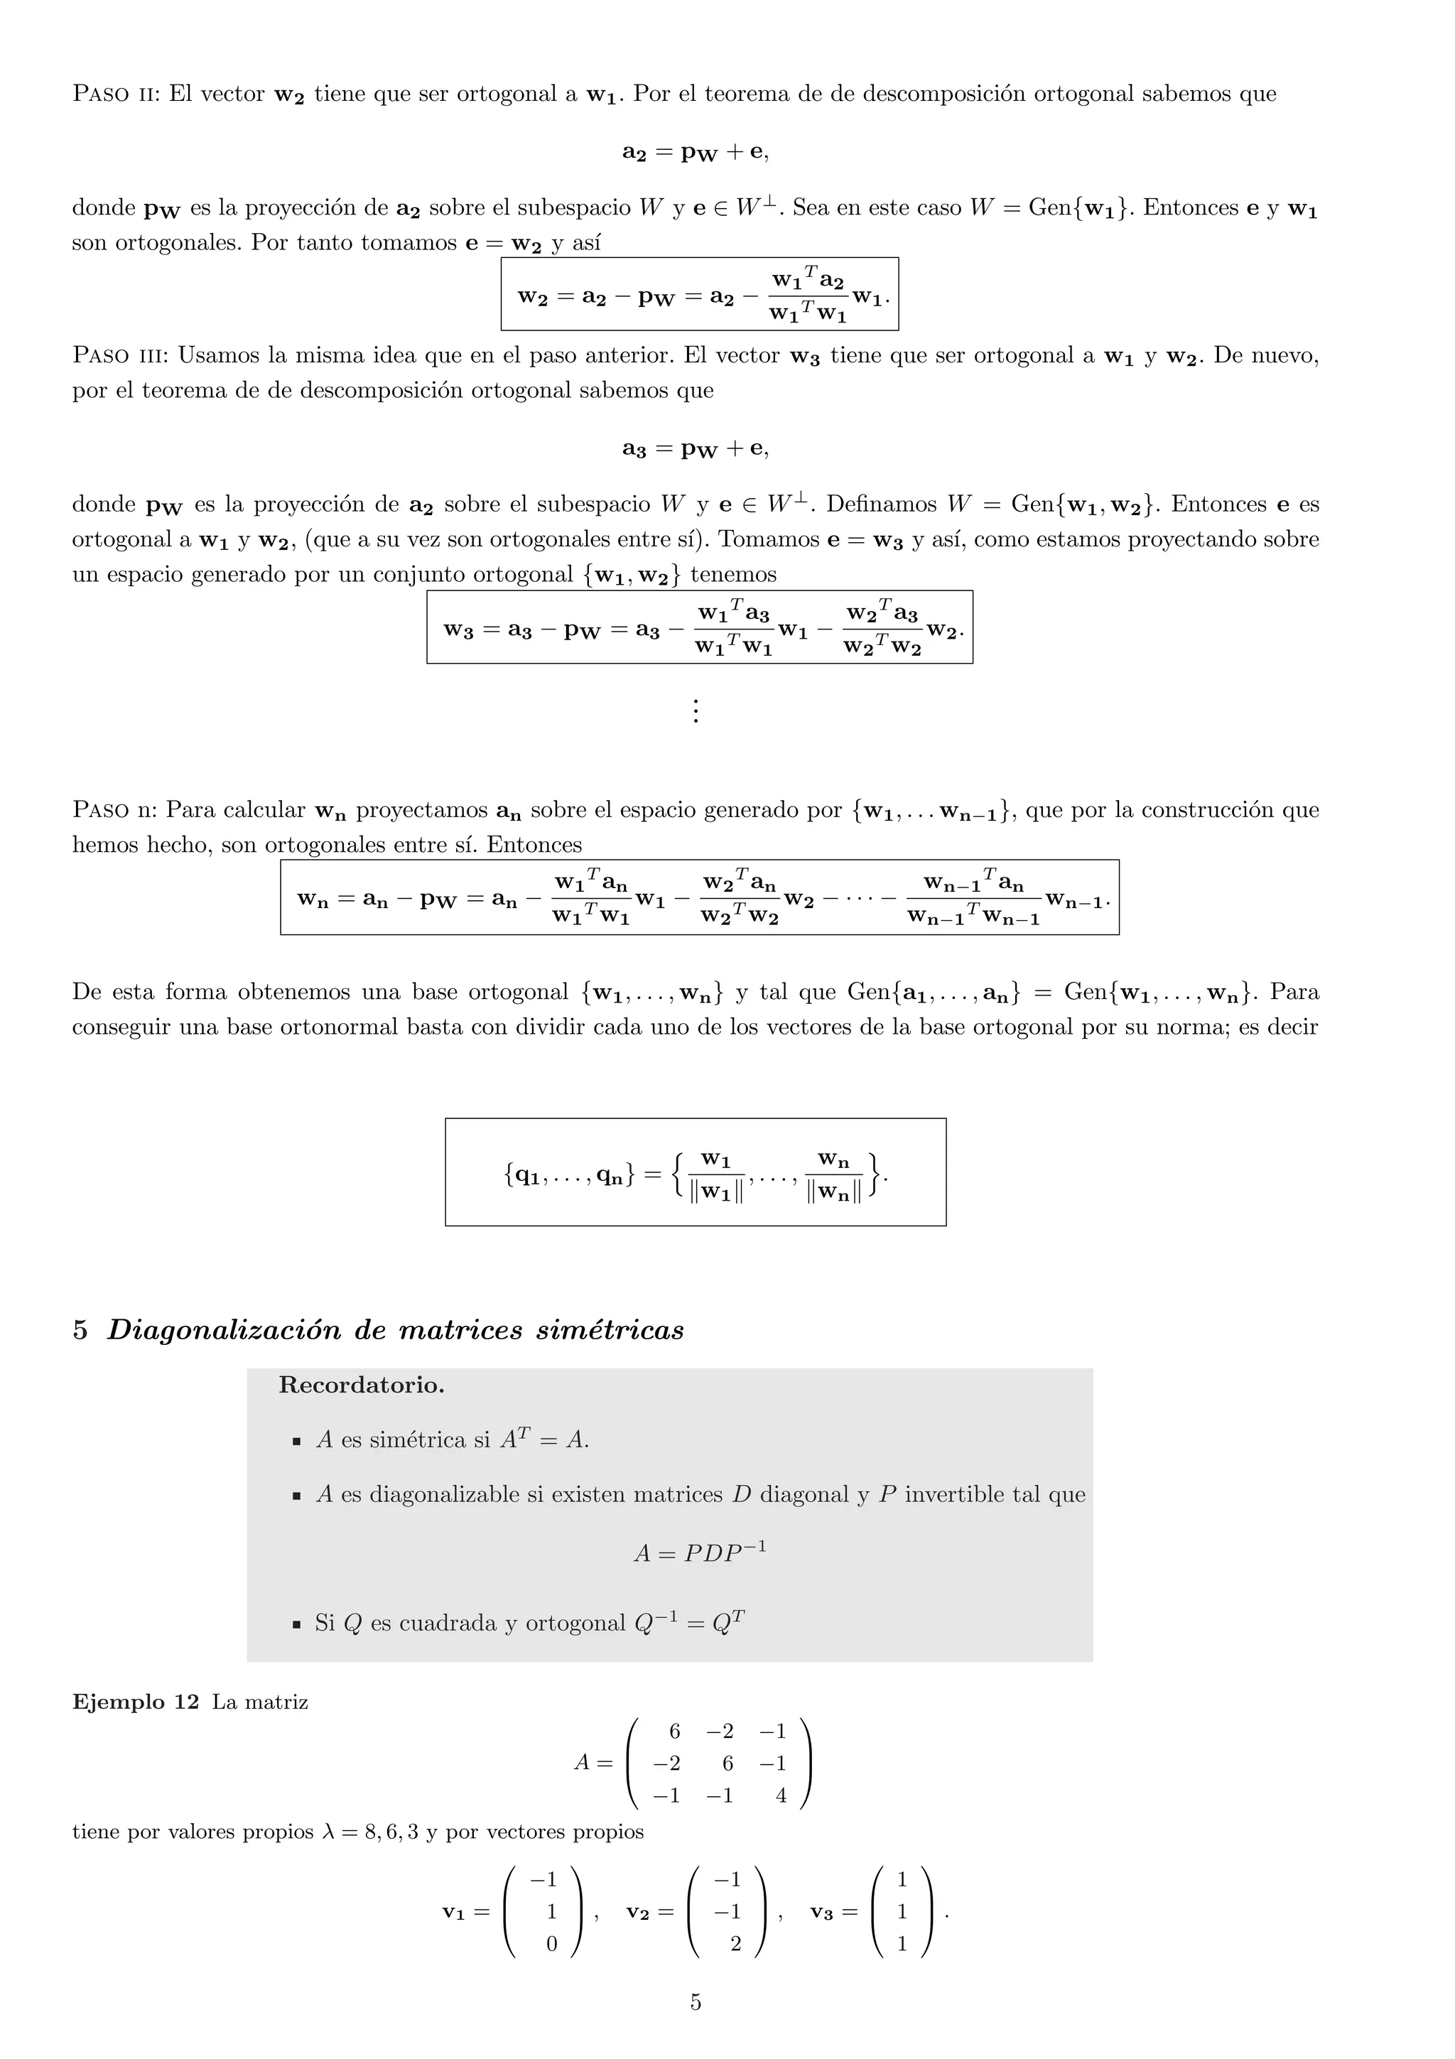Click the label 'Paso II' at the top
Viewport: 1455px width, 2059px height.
click(x=115, y=94)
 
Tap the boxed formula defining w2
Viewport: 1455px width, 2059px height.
click(x=699, y=295)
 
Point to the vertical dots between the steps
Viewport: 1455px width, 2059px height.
click(x=695, y=711)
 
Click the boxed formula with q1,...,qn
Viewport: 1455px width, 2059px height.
click(x=695, y=1172)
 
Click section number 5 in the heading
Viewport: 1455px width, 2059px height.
click(x=81, y=1330)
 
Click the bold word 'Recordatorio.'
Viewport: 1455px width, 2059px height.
click(x=362, y=1385)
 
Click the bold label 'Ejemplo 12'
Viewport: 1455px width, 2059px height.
click(x=136, y=1702)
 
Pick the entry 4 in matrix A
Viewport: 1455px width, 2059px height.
click(x=781, y=1796)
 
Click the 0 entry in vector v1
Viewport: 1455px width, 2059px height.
click(x=551, y=1944)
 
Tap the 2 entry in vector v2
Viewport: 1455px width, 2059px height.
click(x=735, y=1944)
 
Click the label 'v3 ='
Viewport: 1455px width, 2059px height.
click(x=833, y=1912)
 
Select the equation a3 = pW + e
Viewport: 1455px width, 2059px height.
click(x=695, y=448)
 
